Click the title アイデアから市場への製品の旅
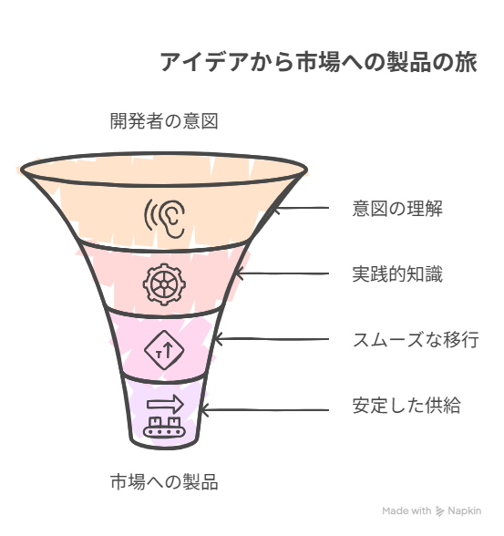pyautogui.click(x=318, y=62)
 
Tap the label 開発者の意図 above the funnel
pyautogui.click(x=164, y=121)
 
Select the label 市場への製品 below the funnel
pyautogui.click(x=164, y=481)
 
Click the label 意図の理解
pyautogui.click(x=397, y=208)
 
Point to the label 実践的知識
pyautogui.click(x=397, y=273)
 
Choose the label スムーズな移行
pyautogui.click(x=416, y=339)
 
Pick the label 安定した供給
pyautogui.click(x=406, y=405)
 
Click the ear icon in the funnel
pyautogui.click(x=165, y=219)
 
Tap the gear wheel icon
pyautogui.click(x=164, y=284)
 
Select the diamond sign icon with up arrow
pyautogui.click(x=164, y=350)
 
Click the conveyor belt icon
pyautogui.click(x=164, y=427)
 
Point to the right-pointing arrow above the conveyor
pyautogui.click(x=165, y=404)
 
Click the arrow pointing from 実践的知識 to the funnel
pyautogui.click(x=283, y=273)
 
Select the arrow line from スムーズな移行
pyautogui.click(x=272, y=339)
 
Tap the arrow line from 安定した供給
pyautogui.click(x=264, y=410)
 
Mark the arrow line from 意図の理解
pyautogui.click(x=301, y=208)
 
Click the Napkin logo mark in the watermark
pyautogui.click(x=440, y=511)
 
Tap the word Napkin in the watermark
pyautogui.click(x=465, y=511)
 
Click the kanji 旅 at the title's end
pyautogui.click(x=466, y=62)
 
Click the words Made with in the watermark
pyautogui.click(x=406, y=511)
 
